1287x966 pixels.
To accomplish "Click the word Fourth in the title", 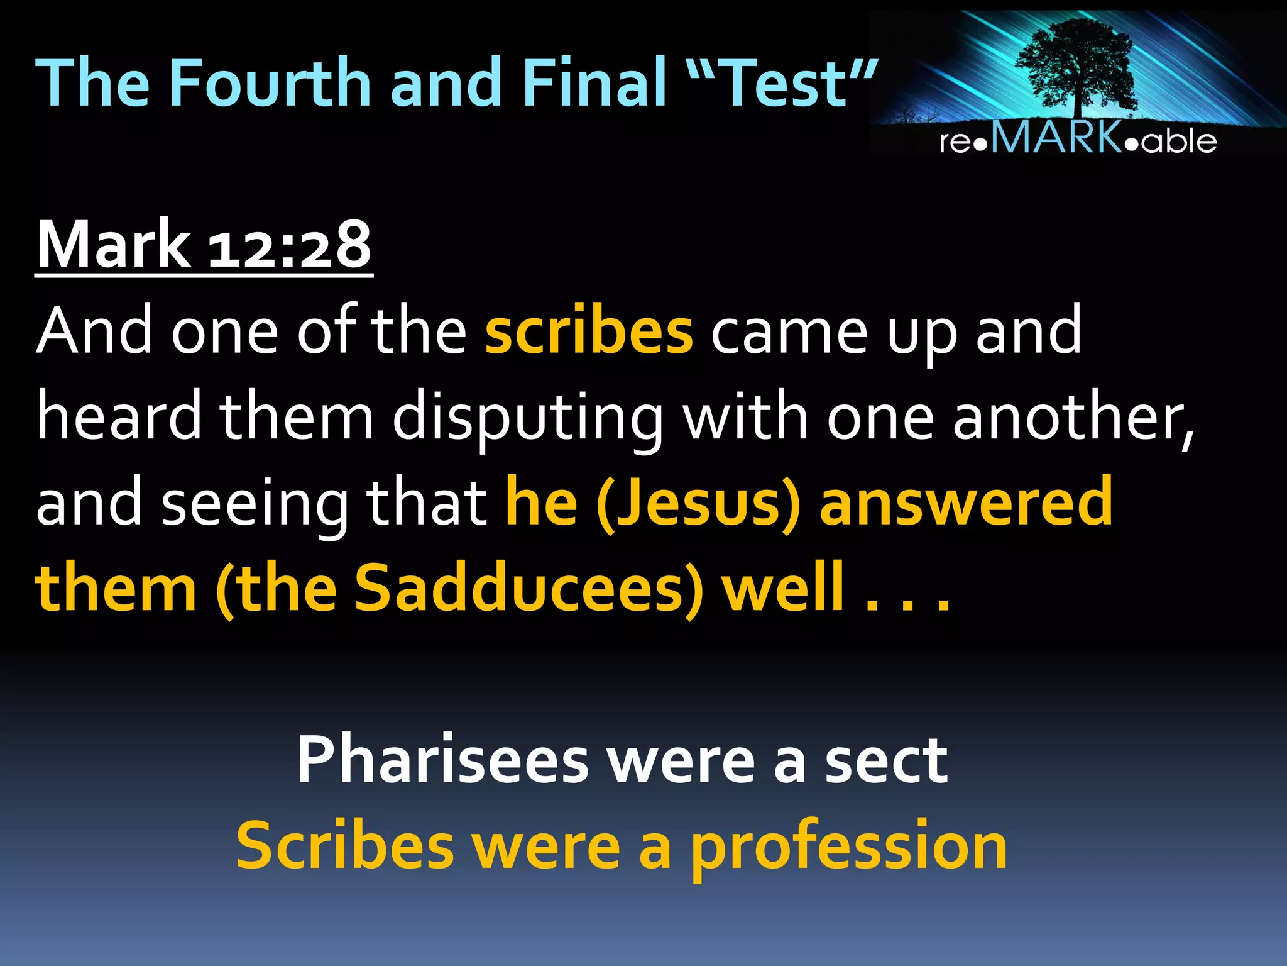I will coord(270,83).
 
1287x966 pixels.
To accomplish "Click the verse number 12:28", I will coord(289,245).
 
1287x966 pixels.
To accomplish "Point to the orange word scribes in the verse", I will coord(589,331).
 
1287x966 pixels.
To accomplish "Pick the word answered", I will coord(966,503).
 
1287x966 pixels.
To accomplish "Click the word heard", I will coord(119,417).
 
